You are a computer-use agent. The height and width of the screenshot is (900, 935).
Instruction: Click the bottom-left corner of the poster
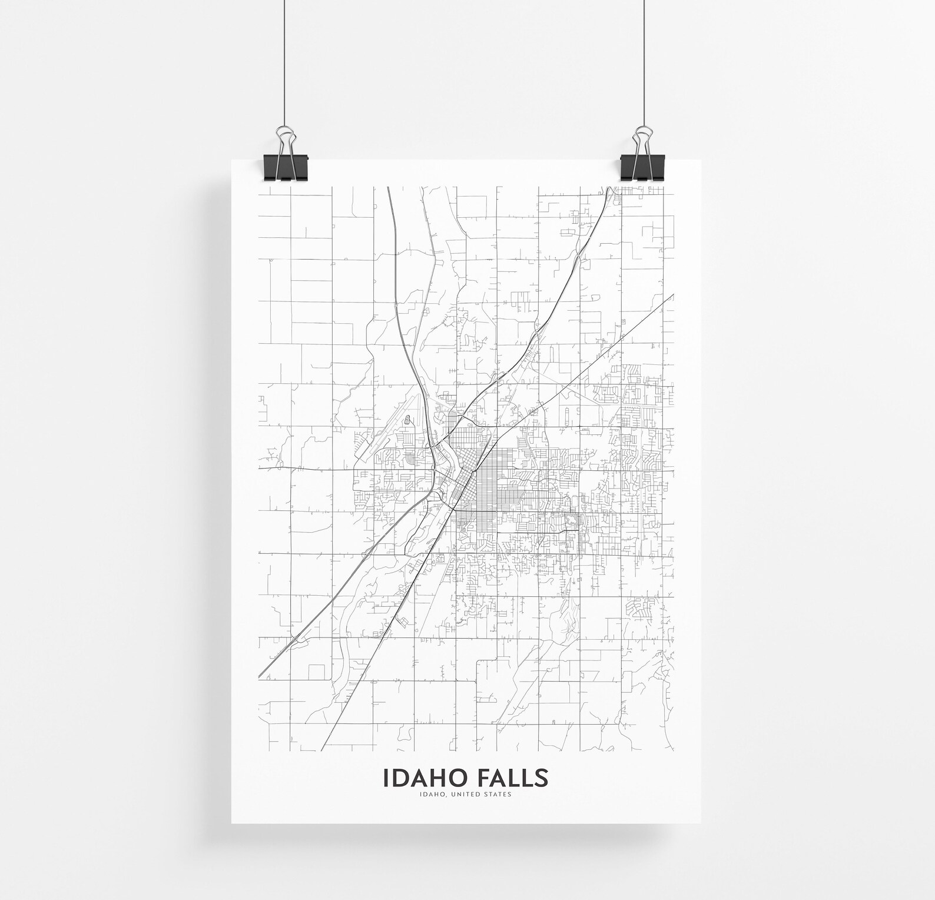pos(232,822)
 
